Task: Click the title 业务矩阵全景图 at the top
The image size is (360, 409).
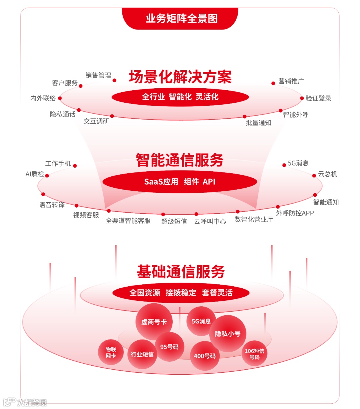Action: click(x=182, y=18)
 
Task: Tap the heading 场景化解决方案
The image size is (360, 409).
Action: click(x=180, y=77)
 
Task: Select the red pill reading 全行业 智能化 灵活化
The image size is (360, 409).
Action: click(x=180, y=97)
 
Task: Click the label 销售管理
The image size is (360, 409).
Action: click(x=98, y=75)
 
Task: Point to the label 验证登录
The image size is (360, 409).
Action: click(x=318, y=98)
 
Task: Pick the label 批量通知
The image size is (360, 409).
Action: click(x=258, y=123)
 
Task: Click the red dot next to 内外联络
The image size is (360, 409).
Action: click(x=60, y=98)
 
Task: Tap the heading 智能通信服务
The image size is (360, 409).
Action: click(x=179, y=160)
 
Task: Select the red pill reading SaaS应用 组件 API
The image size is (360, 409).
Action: click(x=180, y=182)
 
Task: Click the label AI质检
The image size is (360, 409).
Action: click(x=35, y=174)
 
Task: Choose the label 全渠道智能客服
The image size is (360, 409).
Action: click(x=128, y=221)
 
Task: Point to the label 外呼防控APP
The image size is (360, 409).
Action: click(x=295, y=213)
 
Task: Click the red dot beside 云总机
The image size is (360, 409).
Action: click(x=314, y=176)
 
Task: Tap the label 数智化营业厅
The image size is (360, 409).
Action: click(x=254, y=219)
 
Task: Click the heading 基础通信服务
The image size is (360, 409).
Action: click(x=181, y=272)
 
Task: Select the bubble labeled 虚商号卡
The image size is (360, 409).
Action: click(x=154, y=322)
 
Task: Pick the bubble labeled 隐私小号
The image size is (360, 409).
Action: click(x=228, y=334)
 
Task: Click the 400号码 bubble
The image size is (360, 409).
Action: click(x=205, y=356)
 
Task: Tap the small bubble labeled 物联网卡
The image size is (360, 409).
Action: click(x=111, y=352)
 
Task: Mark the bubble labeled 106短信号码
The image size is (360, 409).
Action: click(x=254, y=354)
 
